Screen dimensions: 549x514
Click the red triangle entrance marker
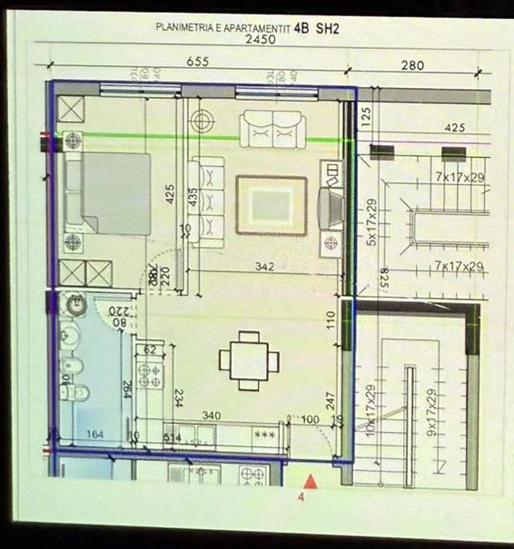[x=311, y=482]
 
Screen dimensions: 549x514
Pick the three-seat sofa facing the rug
[x=208, y=201]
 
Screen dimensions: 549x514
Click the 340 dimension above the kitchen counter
[x=211, y=416]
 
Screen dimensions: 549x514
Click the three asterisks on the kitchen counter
[x=264, y=435]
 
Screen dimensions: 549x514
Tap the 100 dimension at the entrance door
[x=311, y=419]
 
